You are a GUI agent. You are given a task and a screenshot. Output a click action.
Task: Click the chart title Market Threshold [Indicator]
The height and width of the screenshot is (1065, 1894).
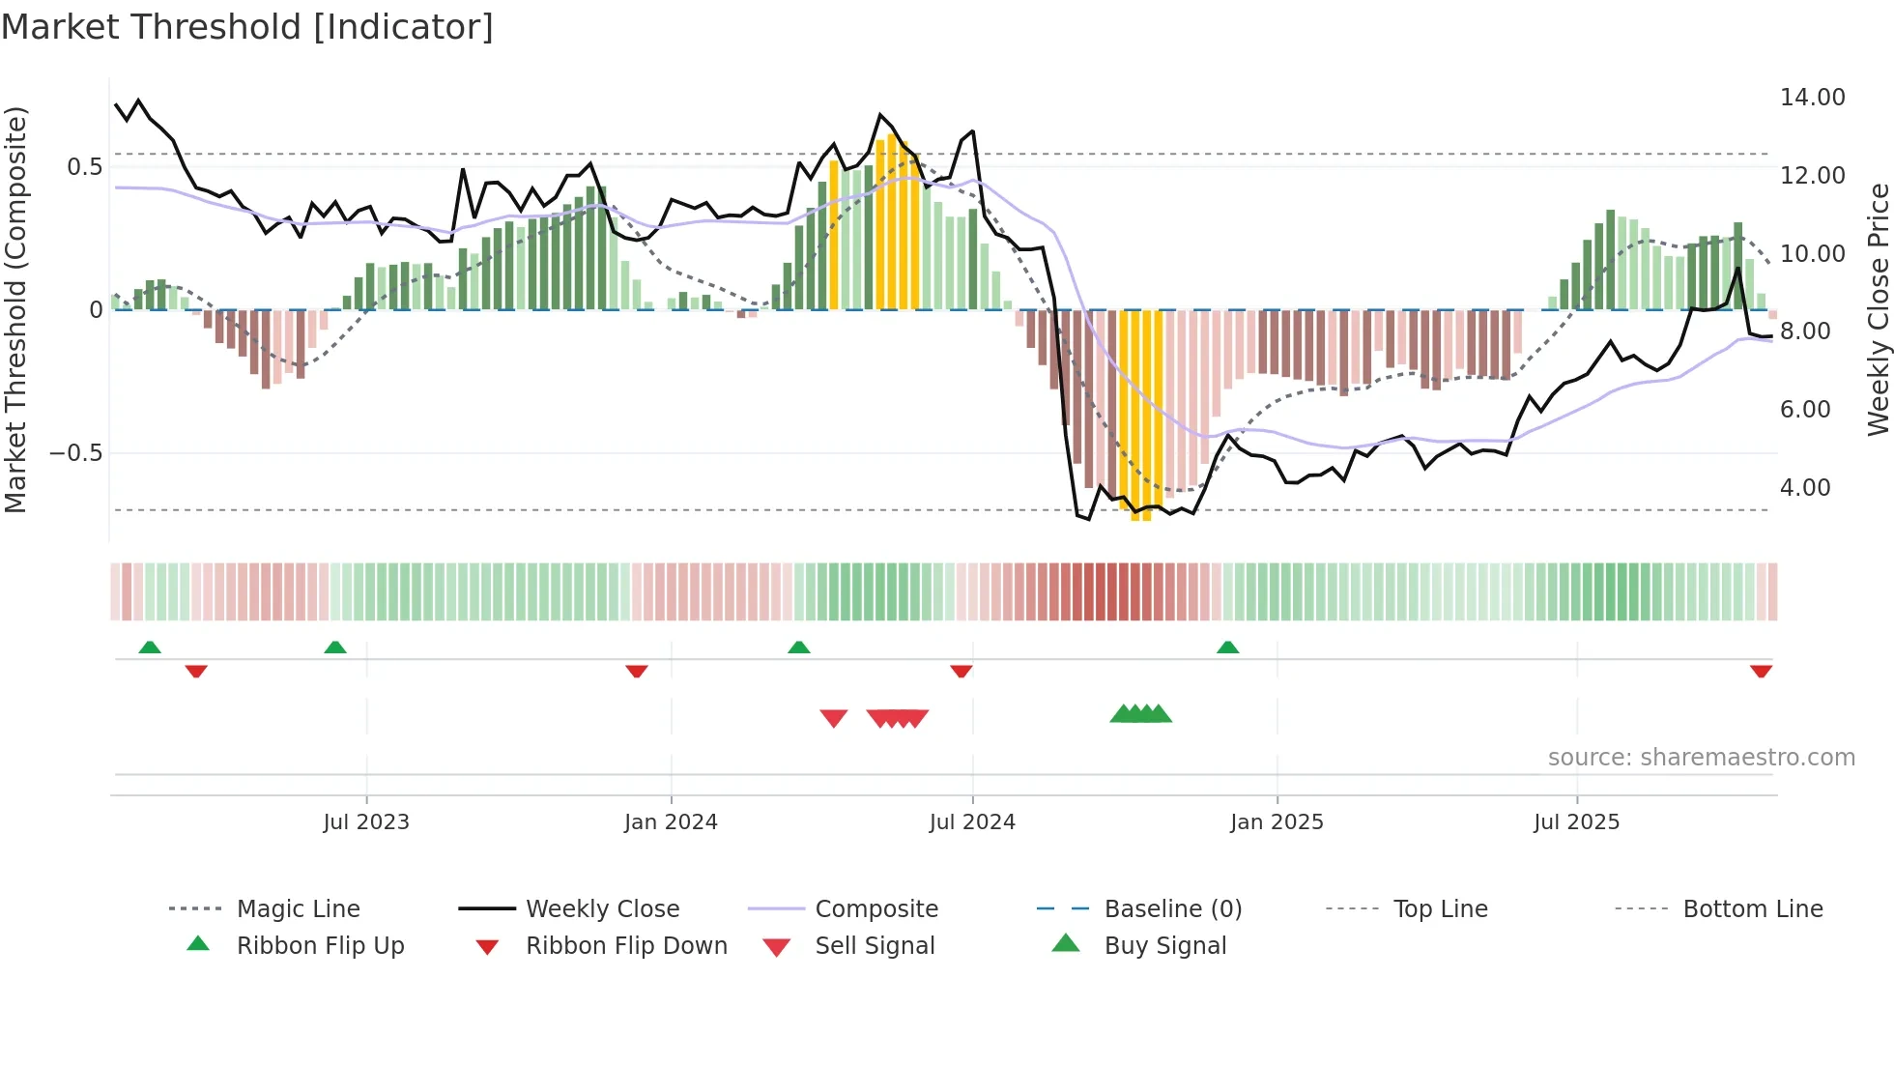[x=247, y=27]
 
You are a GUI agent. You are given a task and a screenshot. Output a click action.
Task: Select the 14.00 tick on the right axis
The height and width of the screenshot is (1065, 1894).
[x=1812, y=98]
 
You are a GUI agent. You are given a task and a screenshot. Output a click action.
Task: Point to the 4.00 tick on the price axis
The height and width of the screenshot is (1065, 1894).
[x=1804, y=488]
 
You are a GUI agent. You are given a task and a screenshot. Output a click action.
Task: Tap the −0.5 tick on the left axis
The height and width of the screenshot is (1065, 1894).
[x=75, y=453]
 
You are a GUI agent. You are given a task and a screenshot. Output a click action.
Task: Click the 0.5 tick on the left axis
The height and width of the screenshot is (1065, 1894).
[x=84, y=167]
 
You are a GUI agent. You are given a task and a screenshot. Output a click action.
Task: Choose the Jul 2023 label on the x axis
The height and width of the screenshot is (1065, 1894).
[x=366, y=822]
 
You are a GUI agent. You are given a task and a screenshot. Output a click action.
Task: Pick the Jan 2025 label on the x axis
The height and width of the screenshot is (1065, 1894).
[x=1277, y=822]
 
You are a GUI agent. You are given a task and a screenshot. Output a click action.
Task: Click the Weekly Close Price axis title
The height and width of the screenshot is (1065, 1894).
[x=1878, y=309]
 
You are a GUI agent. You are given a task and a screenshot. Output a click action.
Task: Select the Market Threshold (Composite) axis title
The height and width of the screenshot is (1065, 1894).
[x=15, y=309]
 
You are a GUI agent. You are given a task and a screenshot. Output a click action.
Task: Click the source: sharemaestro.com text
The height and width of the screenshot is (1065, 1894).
[x=1701, y=758]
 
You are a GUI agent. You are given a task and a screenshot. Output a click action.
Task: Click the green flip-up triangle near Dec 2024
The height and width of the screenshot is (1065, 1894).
[x=1227, y=648]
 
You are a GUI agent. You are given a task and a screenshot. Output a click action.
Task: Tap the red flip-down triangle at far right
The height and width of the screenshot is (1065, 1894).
[x=1761, y=671]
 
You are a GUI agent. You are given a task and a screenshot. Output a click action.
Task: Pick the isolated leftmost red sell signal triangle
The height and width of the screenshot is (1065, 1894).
[x=833, y=718]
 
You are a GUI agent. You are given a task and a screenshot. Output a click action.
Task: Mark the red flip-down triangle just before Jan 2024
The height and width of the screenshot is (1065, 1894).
[x=636, y=671]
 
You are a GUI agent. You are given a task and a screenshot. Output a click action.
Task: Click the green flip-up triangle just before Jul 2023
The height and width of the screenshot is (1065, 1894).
[x=334, y=648]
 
